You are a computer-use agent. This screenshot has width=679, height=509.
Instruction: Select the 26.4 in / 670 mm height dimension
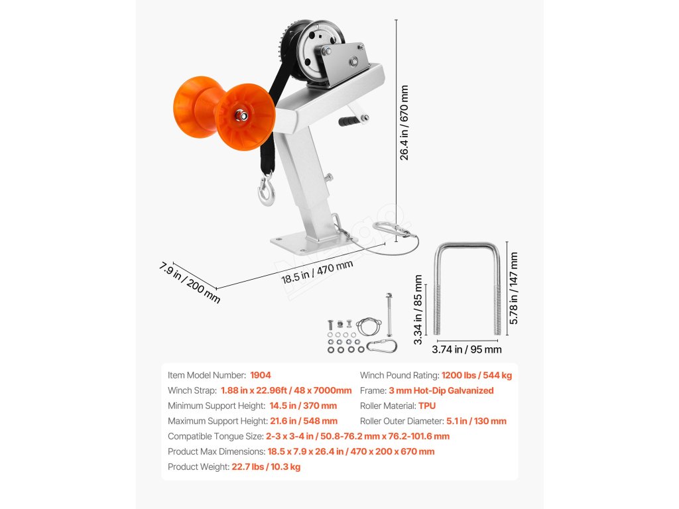404,123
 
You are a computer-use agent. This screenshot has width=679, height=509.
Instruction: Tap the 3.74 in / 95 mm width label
467,349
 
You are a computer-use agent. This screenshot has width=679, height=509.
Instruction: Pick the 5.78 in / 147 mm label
514,289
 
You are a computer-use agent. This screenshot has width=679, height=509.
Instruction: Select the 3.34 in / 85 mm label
418,310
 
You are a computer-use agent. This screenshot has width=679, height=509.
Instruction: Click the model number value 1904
260,375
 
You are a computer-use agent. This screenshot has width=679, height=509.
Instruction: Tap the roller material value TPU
427,406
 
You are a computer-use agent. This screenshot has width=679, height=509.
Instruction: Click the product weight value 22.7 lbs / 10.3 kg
265,467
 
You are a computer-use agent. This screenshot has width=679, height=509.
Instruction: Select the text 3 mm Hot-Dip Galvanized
441,390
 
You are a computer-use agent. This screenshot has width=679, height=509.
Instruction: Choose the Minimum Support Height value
303,406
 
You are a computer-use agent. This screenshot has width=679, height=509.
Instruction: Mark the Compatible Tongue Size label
215,436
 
